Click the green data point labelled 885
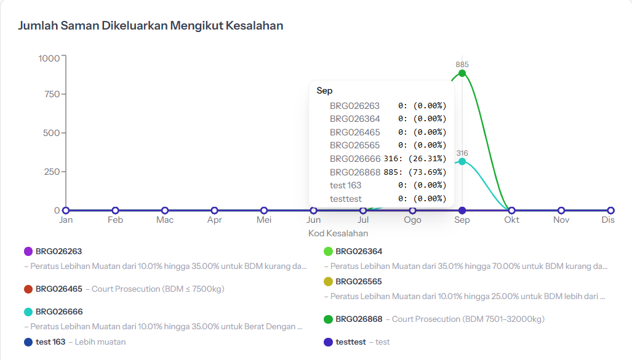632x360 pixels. (462, 73)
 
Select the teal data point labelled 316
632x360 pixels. (462, 161)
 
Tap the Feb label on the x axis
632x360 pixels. (115, 220)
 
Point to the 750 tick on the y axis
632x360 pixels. (52, 94)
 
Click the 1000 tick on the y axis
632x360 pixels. (49, 58)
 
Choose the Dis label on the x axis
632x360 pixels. (608, 220)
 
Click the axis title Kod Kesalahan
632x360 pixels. (338, 233)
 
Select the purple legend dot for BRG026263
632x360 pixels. (28, 251)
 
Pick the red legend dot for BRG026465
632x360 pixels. (28, 289)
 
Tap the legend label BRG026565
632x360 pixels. (358, 281)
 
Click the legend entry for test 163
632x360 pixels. (51, 342)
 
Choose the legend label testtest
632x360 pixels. (350, 342)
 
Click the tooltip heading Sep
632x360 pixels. (324, 90)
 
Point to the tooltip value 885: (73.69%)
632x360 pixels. (415, 172)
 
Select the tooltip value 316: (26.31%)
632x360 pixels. (415, 159)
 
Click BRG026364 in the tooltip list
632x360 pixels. (354, 119)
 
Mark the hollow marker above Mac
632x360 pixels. (165, 210)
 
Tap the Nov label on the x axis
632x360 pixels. (561, 220)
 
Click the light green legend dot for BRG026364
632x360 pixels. (328, 251)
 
